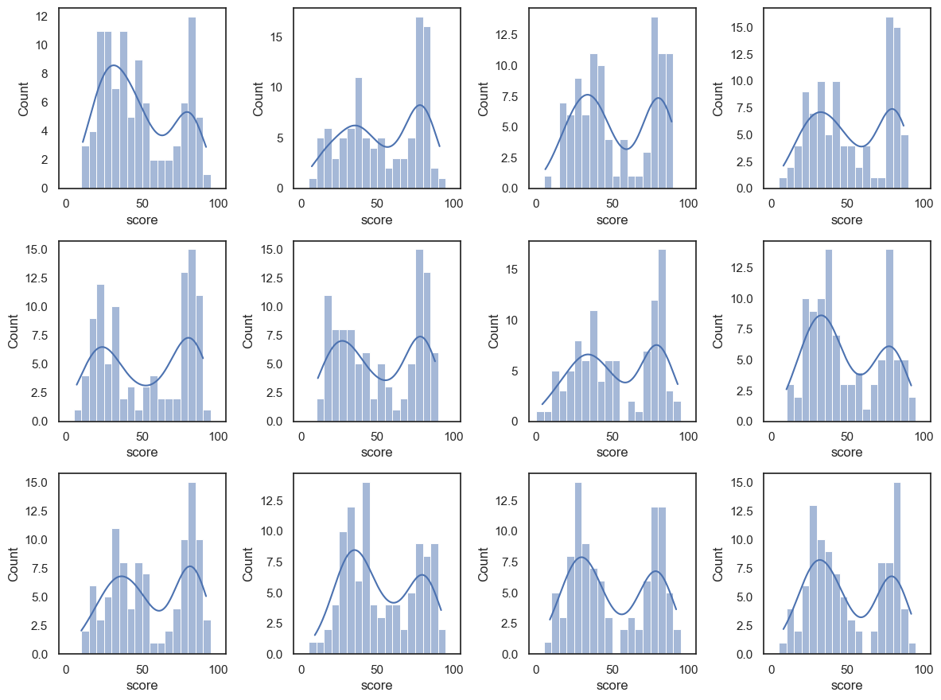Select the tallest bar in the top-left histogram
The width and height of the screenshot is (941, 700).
point(192,103)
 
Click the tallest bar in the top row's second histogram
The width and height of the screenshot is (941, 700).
point(419,103)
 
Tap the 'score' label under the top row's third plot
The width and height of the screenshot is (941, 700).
point(612,220)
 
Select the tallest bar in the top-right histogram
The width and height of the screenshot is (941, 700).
point(890,103)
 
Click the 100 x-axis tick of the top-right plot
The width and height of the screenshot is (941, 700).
point(924,203)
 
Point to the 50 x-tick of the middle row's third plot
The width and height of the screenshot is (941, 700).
point(612,436)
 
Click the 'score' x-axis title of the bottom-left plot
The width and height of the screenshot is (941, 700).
point(142,685)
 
